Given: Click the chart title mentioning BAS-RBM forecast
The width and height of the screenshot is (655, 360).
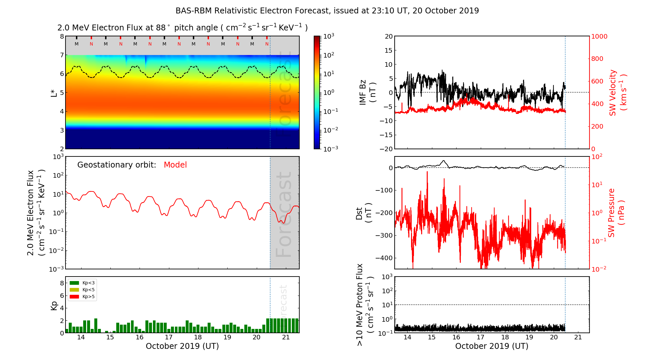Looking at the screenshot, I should pos(327,11).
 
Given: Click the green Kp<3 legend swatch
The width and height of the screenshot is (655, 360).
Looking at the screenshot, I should pos(74,283).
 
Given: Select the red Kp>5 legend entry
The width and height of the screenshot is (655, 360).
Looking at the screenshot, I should pos(74,297).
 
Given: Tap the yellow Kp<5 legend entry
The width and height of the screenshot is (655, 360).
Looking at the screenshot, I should pos(74,290).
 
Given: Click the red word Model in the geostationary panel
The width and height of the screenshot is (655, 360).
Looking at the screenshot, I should pos(175,165).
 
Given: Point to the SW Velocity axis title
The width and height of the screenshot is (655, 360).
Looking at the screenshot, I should pos(618,93).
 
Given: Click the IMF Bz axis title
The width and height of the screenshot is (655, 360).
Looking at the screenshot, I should pos(367,93).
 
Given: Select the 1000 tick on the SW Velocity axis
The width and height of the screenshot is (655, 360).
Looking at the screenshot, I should pos(599,36).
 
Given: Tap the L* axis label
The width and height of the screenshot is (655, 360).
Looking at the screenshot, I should pos(54,93).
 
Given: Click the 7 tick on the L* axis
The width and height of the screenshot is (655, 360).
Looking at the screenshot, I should pos(62,55).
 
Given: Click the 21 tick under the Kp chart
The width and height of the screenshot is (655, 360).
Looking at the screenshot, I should pos(286,337).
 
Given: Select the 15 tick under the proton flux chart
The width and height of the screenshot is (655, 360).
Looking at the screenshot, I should pos(432,337).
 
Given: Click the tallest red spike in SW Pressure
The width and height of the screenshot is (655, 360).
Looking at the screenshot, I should pos(427,172).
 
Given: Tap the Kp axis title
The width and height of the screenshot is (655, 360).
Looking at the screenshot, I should pos(54,305).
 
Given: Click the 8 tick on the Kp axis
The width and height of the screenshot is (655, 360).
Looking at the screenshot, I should pos(62,283).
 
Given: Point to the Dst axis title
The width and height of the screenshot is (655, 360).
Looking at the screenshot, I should pos(364,213).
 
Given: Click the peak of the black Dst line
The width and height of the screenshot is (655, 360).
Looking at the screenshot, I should pos(444,161).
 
